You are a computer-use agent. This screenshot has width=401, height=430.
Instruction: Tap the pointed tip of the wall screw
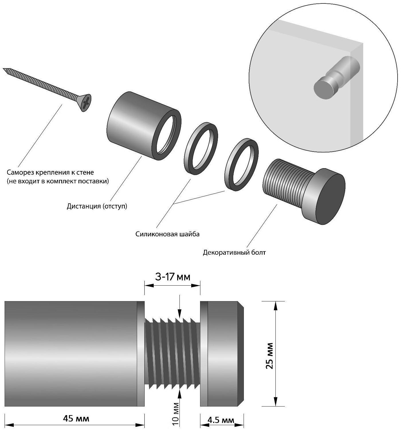4,69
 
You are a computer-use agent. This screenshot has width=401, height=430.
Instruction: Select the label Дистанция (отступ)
97,206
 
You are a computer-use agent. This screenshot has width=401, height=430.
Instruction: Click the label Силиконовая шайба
167,234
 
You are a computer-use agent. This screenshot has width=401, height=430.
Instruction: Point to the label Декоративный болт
234,252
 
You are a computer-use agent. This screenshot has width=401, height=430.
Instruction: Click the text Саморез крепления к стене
50,172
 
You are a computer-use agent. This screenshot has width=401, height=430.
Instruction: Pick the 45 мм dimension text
76,419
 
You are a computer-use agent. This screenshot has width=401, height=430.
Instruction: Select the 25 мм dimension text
269,355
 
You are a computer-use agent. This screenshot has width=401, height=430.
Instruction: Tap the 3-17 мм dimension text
173,277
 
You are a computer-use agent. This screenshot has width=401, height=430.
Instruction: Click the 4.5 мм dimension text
221,420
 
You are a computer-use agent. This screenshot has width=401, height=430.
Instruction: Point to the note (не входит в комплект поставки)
58,181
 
